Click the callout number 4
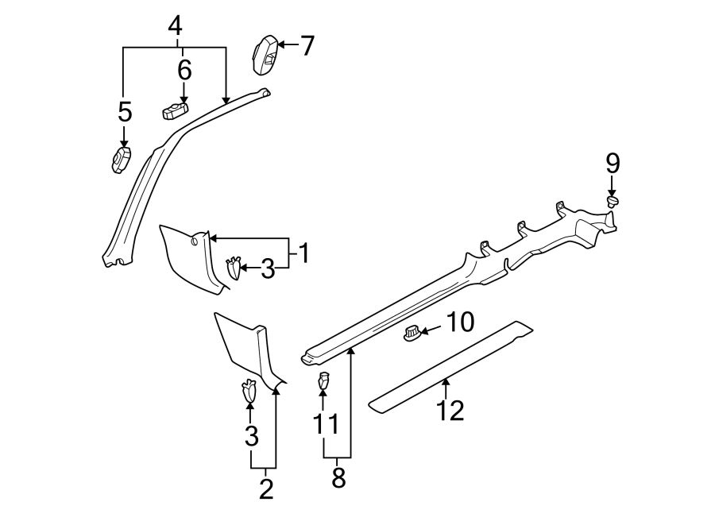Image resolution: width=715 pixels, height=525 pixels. [x=175, y=26]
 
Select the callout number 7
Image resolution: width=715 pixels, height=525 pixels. [x=307, y=46]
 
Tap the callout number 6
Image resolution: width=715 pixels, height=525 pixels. [x=184, y=70]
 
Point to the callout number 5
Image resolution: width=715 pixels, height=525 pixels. [x=125, y=112]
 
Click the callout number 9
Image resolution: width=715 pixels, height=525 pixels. [x=612, y=164]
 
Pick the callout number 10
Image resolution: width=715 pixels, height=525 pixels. [x=460, y=322]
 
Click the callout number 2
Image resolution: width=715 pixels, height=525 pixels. [x=265, y=488]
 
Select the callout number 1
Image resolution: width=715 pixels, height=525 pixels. [x=302, y=254]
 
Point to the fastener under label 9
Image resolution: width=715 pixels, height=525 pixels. [x=613, y=203]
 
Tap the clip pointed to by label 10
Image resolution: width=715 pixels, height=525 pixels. [x=412, y=335]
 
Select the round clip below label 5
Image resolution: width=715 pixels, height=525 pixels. [x=120, y=160]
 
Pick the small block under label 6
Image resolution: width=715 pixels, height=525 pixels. [x=176, y=111]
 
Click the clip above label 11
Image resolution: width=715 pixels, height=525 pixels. [x=323, y=381]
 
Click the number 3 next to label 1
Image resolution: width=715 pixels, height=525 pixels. [x=268, y=270]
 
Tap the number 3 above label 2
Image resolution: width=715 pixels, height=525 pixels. [x=251, y=435]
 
